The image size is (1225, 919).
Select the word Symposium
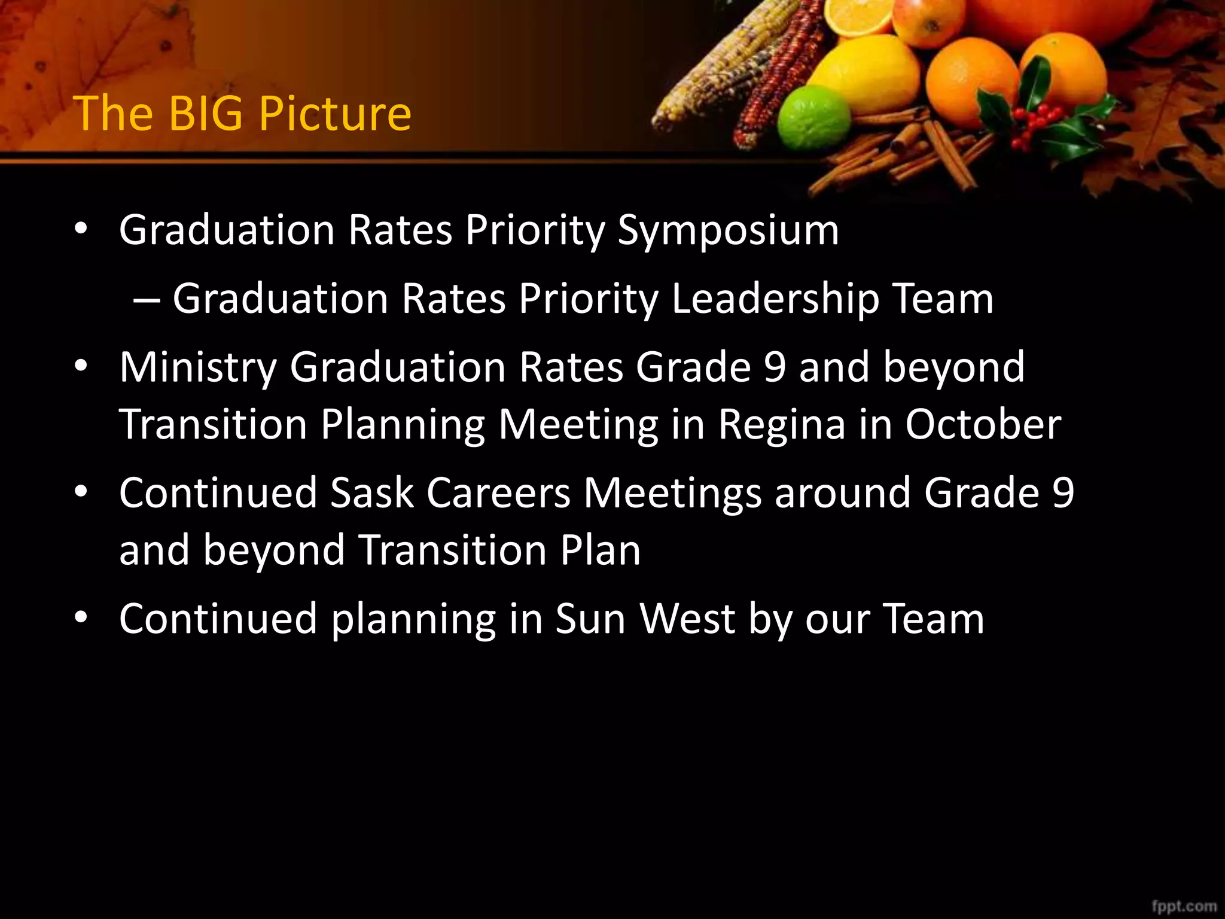click(x=728, y=231)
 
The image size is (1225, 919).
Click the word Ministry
click(x=198, y=367)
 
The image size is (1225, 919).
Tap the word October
click(x=983, y=425)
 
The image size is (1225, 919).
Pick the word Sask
click(x=371, y=493)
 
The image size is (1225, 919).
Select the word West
click(x=687, y=619)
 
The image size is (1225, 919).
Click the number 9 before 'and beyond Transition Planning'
click(x=775, y=367)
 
